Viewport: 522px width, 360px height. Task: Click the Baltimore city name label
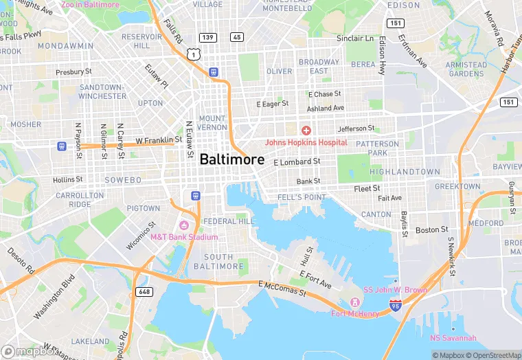coord(231,159)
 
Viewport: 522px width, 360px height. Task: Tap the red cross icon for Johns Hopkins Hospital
coord(306,130)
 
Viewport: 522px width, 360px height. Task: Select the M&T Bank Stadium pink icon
coord(183,226)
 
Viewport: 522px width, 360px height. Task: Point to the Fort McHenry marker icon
coord(355,302)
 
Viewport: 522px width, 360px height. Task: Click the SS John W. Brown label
coord(395,290)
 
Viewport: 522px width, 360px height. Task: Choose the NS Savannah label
coord(453,337)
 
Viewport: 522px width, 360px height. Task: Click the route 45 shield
coord(237,36)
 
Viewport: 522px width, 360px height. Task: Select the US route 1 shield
coord(196,53)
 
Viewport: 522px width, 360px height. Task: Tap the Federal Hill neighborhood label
coord(229,221)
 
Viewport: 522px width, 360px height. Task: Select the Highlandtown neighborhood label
coord(405,172)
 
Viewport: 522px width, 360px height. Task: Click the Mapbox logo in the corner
coord(30,352)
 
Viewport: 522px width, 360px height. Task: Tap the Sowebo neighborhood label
coord(122,180)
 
